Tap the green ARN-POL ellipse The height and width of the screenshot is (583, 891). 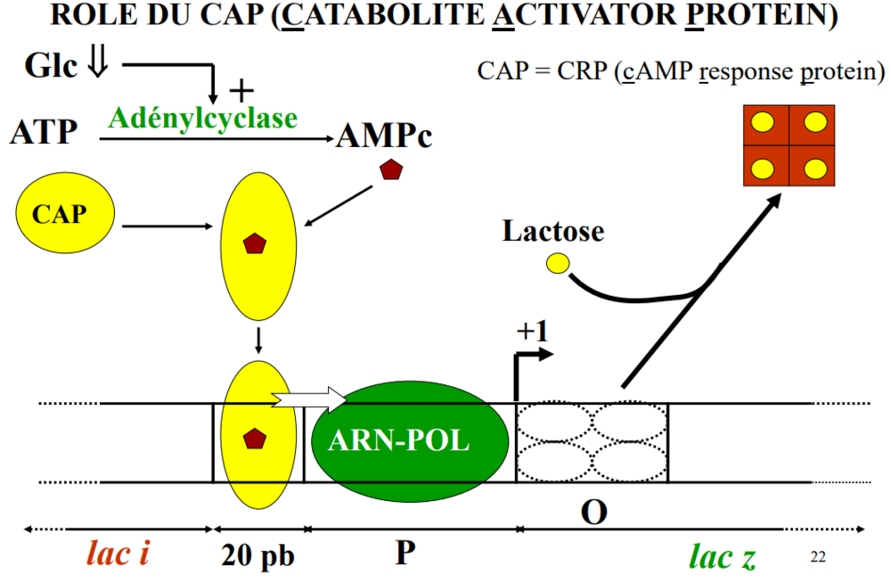[410, 440]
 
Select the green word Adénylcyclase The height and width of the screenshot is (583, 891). [202, 117]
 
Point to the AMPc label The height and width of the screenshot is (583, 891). [384, 136]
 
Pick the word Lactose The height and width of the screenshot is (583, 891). [552, 232]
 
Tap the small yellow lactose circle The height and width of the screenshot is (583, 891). [558, 263]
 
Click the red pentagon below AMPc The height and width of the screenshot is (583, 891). [390, 169]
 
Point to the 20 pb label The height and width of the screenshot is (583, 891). [257, 556]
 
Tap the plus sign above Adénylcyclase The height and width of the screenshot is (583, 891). [241, 90]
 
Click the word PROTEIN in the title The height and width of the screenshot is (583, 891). [771, 16]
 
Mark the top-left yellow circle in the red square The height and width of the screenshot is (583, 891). [763, 124]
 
